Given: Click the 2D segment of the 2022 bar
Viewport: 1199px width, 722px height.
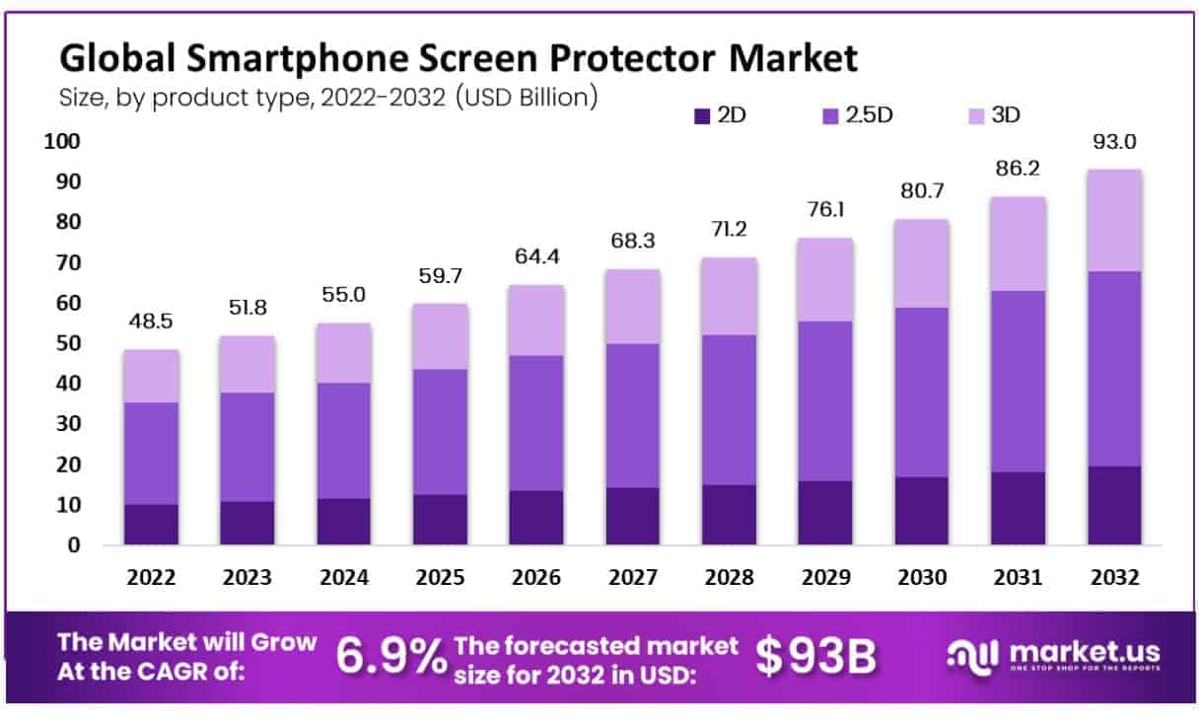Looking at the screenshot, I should pyautogui.click(x=151, y=525).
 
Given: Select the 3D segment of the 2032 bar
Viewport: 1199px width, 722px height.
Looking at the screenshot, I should pyautogui.click(x=1114, y=220).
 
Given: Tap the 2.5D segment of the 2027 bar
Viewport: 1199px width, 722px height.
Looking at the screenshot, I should pyautogui.click(x=633, y=415).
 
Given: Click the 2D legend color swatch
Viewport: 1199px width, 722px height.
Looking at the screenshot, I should pyautogui.click(x=702, y=115).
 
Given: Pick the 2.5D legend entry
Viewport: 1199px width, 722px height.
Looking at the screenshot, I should pyautogui.click(x=857, y=115).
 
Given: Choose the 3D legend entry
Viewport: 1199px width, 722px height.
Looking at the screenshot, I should pyautogui.click(x=991, y=115).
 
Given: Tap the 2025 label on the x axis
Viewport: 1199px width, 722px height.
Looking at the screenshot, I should pyautogui.click(x=441, y=578).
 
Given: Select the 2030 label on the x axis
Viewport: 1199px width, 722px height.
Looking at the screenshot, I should pyautogui.click(x=922, y=578).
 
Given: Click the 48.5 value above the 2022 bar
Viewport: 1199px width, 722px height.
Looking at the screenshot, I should pyautogui.click(x=151, y=324).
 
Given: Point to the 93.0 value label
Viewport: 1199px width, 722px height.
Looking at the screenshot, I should pyautogui.click(x=1114, y=143).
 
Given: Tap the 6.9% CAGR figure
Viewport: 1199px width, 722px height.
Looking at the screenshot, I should pyautogui.click(x=391, y=658).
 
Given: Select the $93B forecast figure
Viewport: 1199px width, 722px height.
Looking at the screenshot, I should pyautogui.click(x=815, y=658).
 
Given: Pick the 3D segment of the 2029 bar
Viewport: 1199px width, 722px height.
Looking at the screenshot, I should pyautogui.click(x=825, y=279).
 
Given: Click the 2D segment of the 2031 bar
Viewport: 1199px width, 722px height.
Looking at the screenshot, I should pyautogui.click(x=1018, y=508).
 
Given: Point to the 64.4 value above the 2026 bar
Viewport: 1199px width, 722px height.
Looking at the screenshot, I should pyautogui.click(x=536, y=259).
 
